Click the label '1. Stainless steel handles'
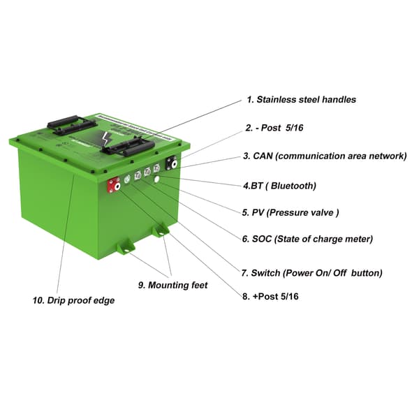click(x=301, y=100)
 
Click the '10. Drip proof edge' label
click(x=73, y=301)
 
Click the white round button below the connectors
click(x=157, y=179)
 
